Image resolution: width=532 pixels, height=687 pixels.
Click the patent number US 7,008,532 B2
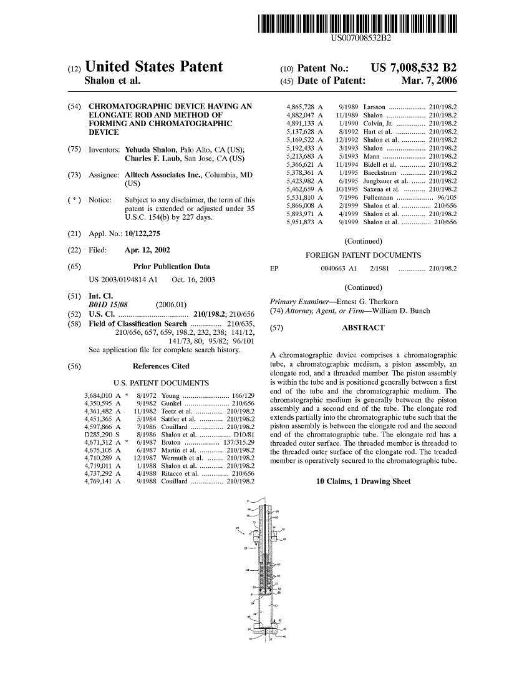click(414, 67)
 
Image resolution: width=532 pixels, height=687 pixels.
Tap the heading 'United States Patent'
click(153, 67)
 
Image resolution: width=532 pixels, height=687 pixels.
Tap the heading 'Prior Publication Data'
click(172, 266)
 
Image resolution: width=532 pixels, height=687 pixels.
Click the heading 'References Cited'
click(161, 366)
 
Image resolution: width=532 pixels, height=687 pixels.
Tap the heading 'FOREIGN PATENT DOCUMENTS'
click(363, 255)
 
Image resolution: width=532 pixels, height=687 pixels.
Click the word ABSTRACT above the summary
click(363, 327)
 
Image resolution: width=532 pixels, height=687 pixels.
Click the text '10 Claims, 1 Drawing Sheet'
click(363, 482)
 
